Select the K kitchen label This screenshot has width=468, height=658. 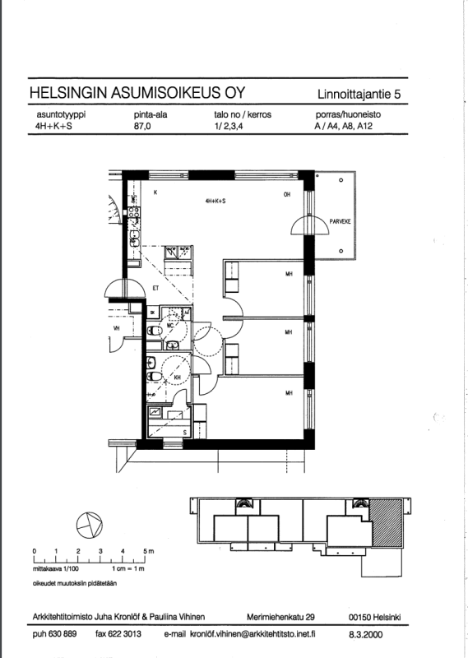[155, 194]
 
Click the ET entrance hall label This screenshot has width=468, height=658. [155, 288]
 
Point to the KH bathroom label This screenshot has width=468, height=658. [176, 379]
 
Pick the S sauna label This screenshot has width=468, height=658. [184, 431]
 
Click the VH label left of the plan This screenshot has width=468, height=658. [116, 329]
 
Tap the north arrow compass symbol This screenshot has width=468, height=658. [88, 523]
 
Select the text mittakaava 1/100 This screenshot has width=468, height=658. [54, 568]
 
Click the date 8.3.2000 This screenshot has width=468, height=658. [365, 634]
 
